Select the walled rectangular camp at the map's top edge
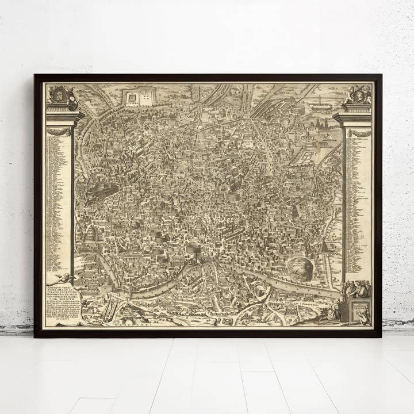[138, 98]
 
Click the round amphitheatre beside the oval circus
[298, 108]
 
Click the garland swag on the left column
[59, 132]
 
